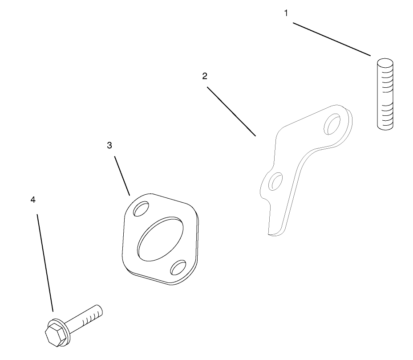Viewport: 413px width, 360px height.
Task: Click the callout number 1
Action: click(286, 13)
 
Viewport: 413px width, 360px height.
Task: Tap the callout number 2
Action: click(205, 76)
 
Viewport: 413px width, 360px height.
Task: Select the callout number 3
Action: click(109, 145)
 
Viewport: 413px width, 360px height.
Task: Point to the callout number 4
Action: click(33, 200)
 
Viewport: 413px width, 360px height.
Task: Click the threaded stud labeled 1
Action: click(385, 94)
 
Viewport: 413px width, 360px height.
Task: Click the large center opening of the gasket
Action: click(160, 239)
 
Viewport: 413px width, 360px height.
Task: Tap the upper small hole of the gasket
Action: click(141, 209)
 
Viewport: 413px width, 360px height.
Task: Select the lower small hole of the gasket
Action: click(178, 267)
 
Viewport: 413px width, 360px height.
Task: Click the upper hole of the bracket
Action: click(332, 124)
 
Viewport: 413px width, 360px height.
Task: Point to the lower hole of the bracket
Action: click(275, 182)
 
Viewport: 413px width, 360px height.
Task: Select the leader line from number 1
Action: click(332, 39)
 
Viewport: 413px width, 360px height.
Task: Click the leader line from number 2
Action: click(231, 111)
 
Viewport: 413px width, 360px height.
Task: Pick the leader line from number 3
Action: click(122, 176)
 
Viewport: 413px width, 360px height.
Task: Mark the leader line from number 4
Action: click(45, 263)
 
